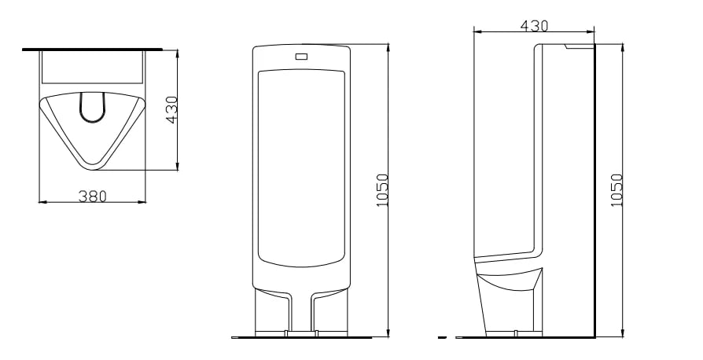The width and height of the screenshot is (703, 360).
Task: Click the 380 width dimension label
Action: (x=92, y=196)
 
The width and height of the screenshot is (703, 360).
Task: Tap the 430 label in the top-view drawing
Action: (x=171, y=110)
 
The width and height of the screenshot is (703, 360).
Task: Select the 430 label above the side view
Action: (x=534, y=26)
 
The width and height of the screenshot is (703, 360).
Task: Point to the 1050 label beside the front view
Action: (x=382, y=190)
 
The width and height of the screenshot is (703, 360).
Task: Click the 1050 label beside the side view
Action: (x=617, y=190)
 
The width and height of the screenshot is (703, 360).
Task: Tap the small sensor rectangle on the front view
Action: (x=301, y=57)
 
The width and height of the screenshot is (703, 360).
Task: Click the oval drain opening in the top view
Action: (x=92, y=108)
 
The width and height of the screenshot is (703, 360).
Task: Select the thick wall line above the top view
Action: (x=92, y=50)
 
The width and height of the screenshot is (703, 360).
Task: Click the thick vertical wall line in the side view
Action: (x=594, y=190)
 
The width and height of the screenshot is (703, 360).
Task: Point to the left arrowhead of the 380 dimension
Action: (x=42, y=202)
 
